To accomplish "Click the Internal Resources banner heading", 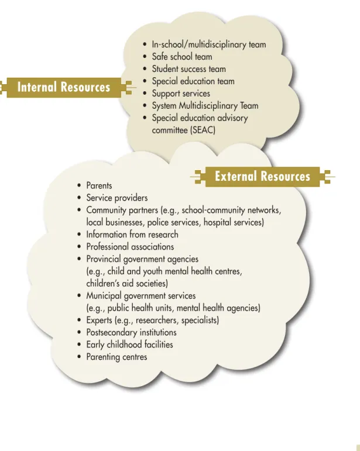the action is [64, 87].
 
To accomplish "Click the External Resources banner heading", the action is [262, 176].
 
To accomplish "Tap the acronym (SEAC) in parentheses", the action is [203, 130].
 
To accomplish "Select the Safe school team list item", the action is [182, 57].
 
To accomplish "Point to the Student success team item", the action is [188, 69].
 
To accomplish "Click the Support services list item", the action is [181, 94].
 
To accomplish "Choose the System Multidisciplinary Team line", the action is [205, 105].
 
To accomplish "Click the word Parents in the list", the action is [99, 185].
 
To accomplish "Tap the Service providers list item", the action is [117, 198].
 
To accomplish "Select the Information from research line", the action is [132, 235].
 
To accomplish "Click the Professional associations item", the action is [130, 247].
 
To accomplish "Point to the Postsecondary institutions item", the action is [131, 332].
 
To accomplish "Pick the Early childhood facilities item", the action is [129, 345].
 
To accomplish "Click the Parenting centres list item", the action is [116, 357].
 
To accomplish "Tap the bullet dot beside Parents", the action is [79, 185].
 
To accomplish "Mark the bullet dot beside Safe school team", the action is [145, 57].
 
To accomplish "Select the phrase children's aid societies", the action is [127, 284].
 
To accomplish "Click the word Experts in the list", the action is [99, 320].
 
